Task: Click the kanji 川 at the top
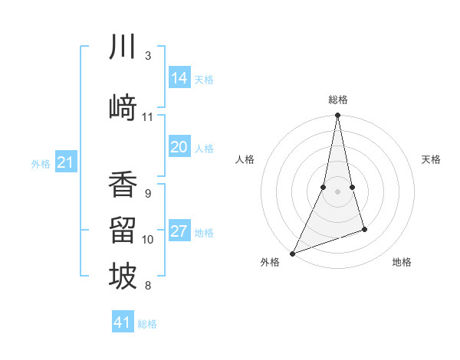(x=123, y=47)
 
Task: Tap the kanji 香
(x=123, y=184)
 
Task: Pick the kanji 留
(x=123, y=230)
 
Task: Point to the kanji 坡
(x=123, y=277)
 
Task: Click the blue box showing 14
(x=179, y=78)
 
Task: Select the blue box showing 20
(x=179, y=147)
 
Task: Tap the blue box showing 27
(x=179, y=232)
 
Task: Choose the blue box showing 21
(x=66, y=162)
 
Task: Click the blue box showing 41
(x=123, y=322)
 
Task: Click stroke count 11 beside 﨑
(x=148, y=117)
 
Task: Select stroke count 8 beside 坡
(x=147, y=286)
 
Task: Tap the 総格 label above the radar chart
(x=337, y=100)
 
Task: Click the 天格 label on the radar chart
(x=431, y=159)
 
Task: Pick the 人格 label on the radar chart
(x=245, y=159)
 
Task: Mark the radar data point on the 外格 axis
(x=292, y=253)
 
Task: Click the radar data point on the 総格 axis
(x=337, y=116)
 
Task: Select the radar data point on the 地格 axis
(x=364, y=229)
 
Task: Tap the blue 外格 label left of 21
(x=41, y=163)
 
